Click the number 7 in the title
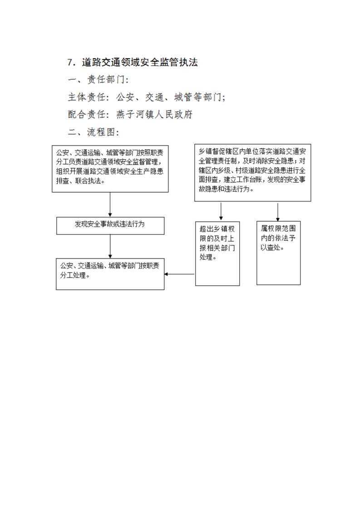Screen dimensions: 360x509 coord(70,62)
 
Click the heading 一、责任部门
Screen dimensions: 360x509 coord(98,80)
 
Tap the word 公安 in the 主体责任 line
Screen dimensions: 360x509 coord(125,97)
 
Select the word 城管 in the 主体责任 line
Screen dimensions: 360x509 coord(183,97)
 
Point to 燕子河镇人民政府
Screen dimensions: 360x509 coord(154,114)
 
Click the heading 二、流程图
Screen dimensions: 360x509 coord(93,132)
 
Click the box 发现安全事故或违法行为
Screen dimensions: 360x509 coord(110,225)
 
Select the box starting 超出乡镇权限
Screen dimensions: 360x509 coord(217,254)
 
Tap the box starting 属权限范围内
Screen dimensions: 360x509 coord(278,253)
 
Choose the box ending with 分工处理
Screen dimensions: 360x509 coord(110,274)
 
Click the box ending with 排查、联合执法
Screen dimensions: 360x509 coord(110,169)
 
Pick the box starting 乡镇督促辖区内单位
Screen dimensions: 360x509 coord(252,173)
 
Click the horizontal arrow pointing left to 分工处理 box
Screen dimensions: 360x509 coord(179,274)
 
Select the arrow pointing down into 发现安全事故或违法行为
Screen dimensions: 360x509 coord(110,205)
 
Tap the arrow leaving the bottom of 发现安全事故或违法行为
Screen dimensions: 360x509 coord(110,246)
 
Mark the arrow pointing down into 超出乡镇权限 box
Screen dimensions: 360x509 coord(221,212)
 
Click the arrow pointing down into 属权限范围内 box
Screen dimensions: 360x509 coord(278,212)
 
